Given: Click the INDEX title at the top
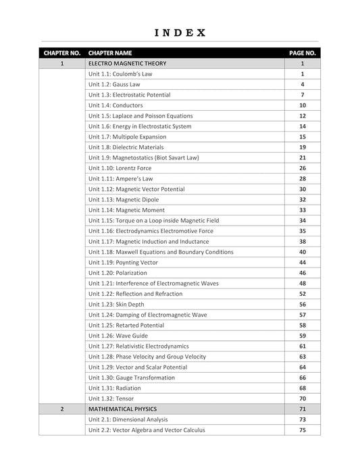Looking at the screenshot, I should pyautogui.click(x=180, y=32).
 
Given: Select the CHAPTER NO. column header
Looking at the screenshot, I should pyautogui.click(x=62, y=53).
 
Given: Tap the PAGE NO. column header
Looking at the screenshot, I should pyautogui.click(x=303, y=53).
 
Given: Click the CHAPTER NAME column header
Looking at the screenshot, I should pyautogui.click(x=110, y=53).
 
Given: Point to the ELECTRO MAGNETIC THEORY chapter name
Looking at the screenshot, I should pyautogui.click(x=127, y=63).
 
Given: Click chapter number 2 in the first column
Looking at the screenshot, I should pyautogui.click(x=62, y=409).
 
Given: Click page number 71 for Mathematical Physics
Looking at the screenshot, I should pyautogui.click(x=303, y=409).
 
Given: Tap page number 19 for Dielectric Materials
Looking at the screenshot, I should pyautogui.click(x=303, y=147).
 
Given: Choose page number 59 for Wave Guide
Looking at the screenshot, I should pyautogui.click(x=303, y=336).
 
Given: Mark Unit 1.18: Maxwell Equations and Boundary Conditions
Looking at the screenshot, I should pyautogui.click(x=161, y=252).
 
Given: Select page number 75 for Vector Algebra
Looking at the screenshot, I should pyautogui.click(x=303, y=430).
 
